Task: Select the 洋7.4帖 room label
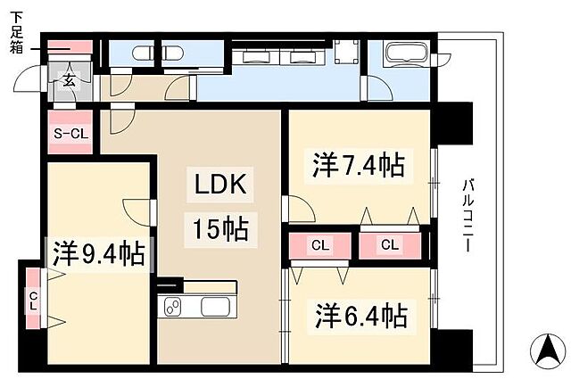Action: [x=358, y=165]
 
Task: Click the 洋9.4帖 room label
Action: [x=98, y=254]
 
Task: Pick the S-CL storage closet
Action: [x=68, y=134]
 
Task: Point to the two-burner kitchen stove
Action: [x=172, y=307]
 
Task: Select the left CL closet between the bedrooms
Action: [x=319, y=244]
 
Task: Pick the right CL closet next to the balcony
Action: [x=389, y=244]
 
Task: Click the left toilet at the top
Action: [x=142, y=53]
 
